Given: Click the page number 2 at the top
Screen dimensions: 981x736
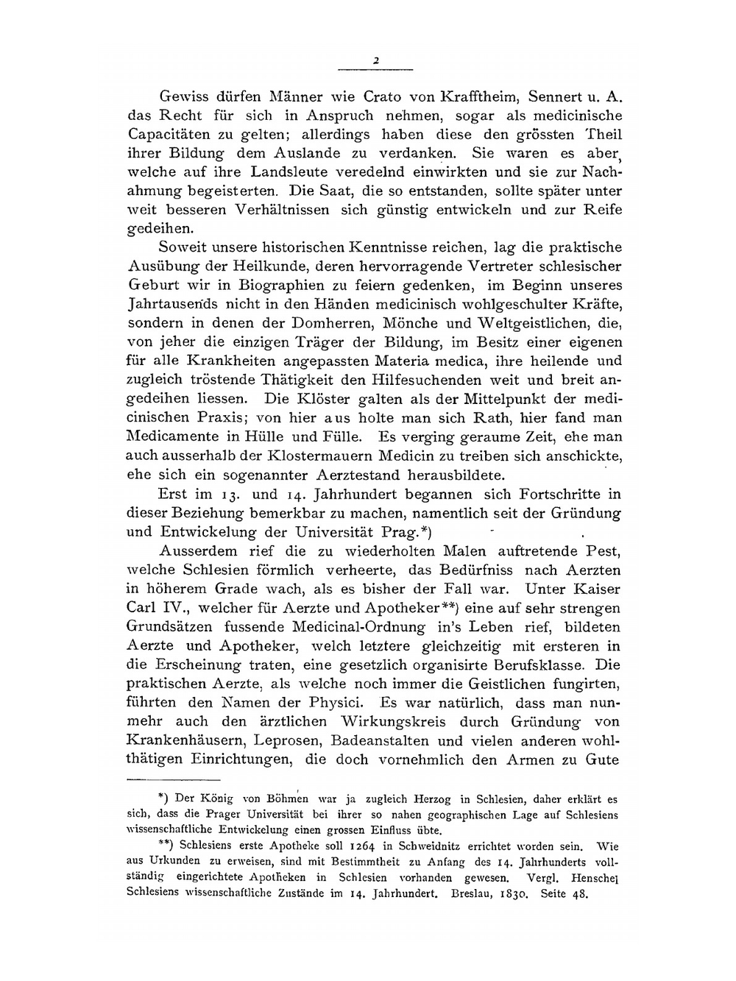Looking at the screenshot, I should click(375, 61).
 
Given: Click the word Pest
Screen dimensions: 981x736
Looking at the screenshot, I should click(602, 551).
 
